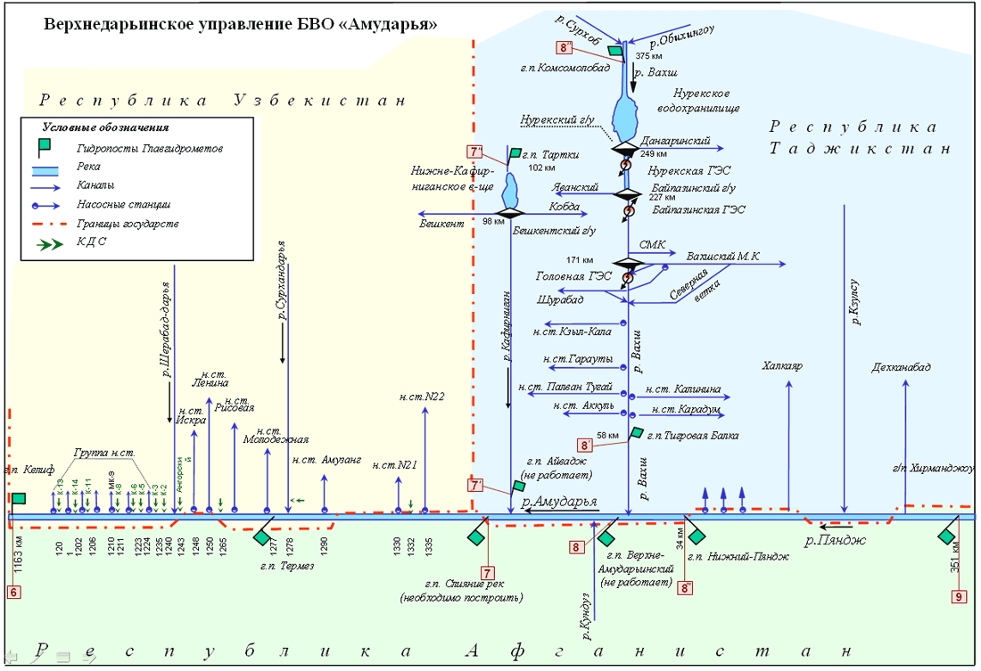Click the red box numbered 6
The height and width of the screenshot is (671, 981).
pos(13,591)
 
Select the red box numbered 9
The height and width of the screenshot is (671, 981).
pos(960,597)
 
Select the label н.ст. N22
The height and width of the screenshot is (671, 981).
pos(423,397)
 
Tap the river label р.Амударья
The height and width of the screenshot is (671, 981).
pos(558,501)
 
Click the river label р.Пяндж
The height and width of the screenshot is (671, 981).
pos(831,539)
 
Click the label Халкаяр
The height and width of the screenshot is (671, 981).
pos(784,365)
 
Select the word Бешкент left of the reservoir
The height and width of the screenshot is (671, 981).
pos(443,223)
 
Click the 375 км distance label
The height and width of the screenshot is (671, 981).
pos(649,56)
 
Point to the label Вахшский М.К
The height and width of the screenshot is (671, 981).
pos(723,257)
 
